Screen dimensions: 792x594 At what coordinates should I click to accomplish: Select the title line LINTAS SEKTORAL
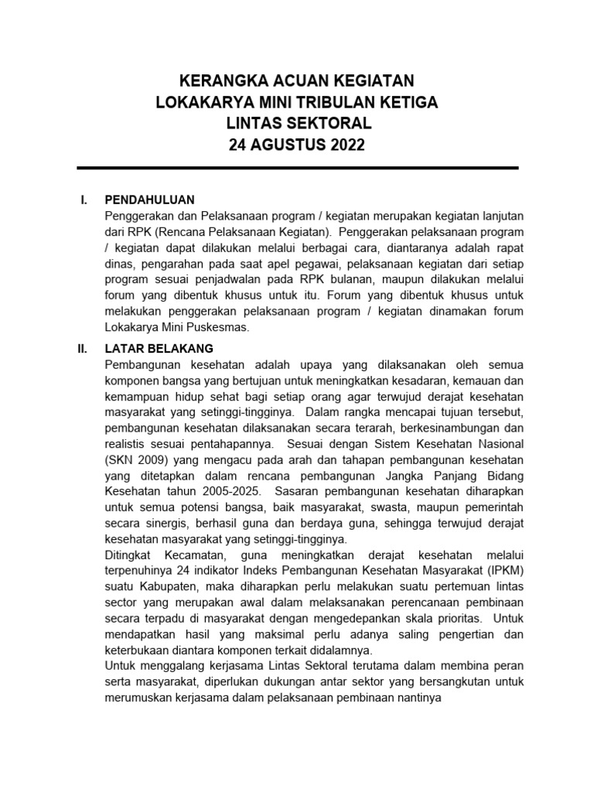298,124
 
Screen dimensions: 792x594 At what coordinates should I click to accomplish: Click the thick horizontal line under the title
298,168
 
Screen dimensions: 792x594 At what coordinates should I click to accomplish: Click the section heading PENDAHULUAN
150,201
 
